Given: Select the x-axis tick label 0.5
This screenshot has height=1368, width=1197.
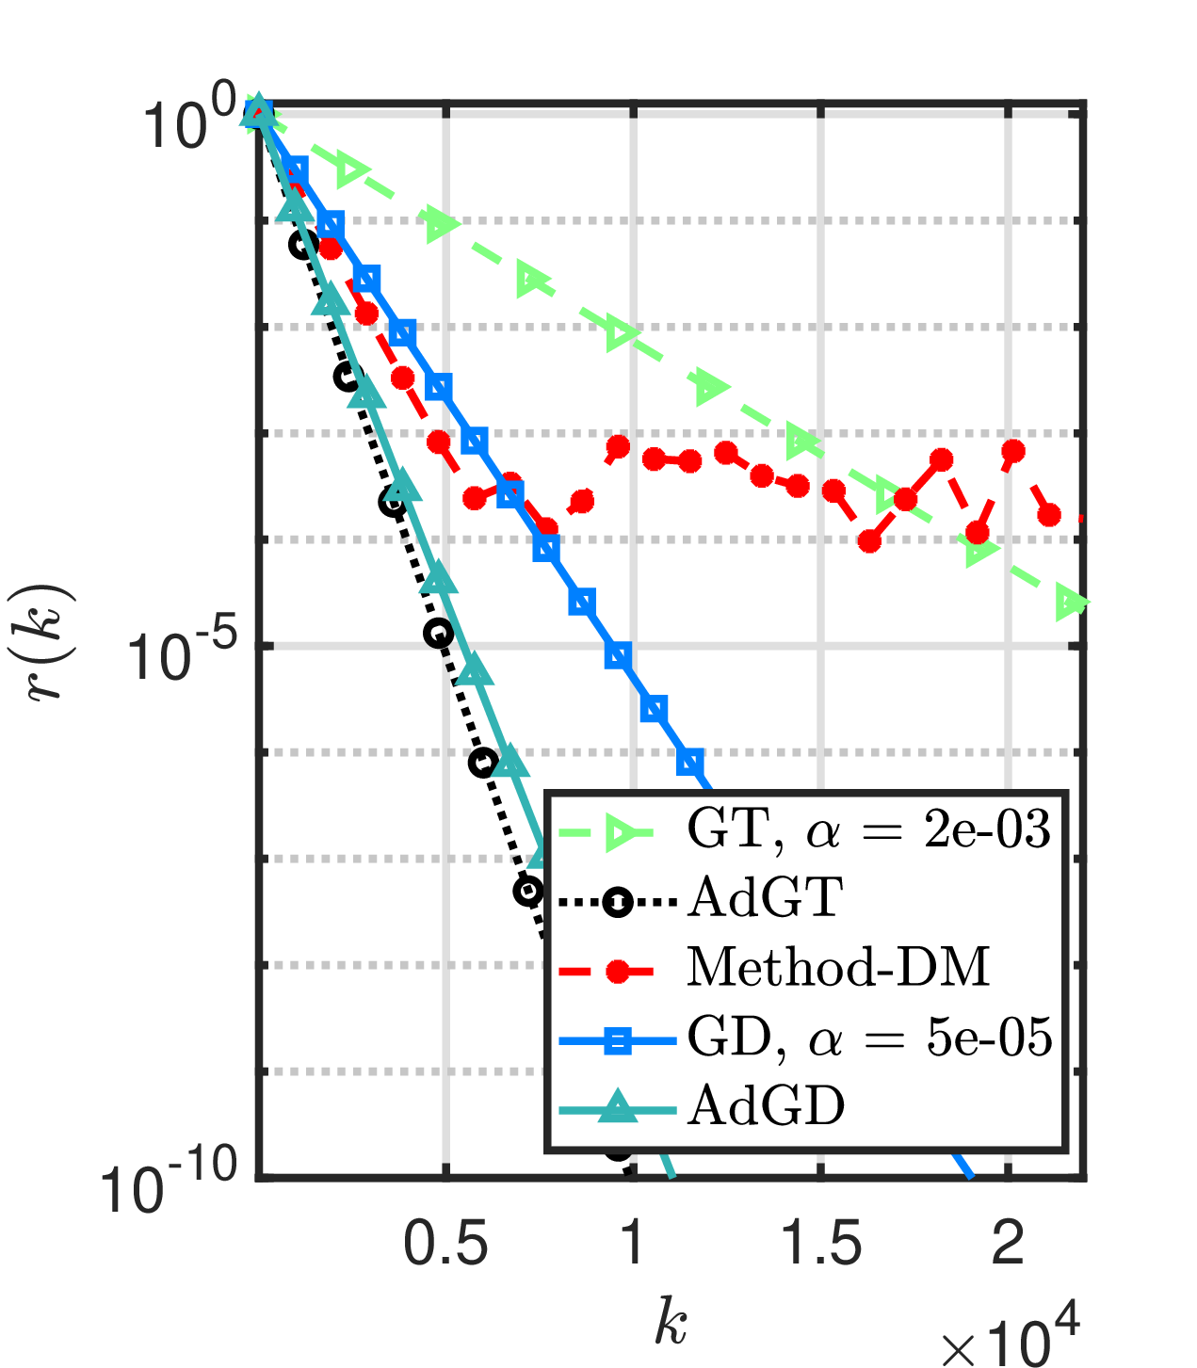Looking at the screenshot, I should pyautogui.click(x=445, y=1244).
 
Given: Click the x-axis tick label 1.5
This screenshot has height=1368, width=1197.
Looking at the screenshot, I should pyautogui.click(x=821, y=1244).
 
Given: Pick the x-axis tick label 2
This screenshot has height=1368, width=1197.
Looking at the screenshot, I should pyautogui.click(x=1009, y=1244).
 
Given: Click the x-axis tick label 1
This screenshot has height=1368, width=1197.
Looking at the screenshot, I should pyautogui.click(x=633, y=1244).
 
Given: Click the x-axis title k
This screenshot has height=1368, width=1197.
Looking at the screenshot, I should pyautogui.click(x=671, y=1320).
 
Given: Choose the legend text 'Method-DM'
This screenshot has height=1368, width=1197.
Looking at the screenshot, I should pyautogui.click(x=838, y=967).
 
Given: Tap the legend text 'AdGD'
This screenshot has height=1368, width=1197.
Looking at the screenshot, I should pyautogui.click(x=766, y=1106).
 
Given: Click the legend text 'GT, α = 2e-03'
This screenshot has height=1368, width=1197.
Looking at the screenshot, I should pyautogui.click(x=868, y=829).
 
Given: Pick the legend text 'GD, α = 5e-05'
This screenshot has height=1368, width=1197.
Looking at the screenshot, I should pyautogui.click(x=869, y=1038).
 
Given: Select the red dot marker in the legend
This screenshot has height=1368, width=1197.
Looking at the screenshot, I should pyautogui.click(x=618, y=971).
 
